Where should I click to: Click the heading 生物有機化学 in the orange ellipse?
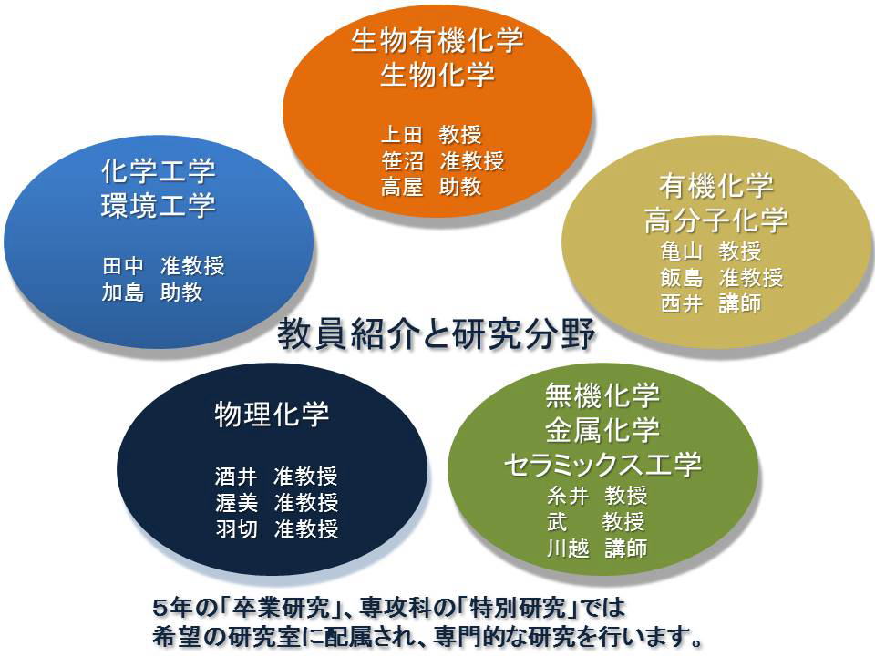click(437, 41)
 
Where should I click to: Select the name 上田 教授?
click(431, 135)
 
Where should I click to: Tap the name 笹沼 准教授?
click(443, 160)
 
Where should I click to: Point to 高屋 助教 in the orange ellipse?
click(431, 186)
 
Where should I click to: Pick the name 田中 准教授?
click(163, 266)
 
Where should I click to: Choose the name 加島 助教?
click(152, 292)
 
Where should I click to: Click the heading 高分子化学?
click(716, 220)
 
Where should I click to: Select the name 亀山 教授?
click(711, 251)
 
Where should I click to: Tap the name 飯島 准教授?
click(722, 277)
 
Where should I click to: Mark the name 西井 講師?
click(711, 303)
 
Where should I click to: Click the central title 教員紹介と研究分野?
click(437, 333)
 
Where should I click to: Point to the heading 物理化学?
click(273, 415)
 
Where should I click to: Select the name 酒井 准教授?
click(277, 477)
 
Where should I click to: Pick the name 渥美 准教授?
click(277, 503)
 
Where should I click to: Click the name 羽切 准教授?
click(277, 528)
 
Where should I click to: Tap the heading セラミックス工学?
click(602, 465)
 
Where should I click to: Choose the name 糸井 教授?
click(597, 496)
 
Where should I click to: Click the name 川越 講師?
click(597, 548)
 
